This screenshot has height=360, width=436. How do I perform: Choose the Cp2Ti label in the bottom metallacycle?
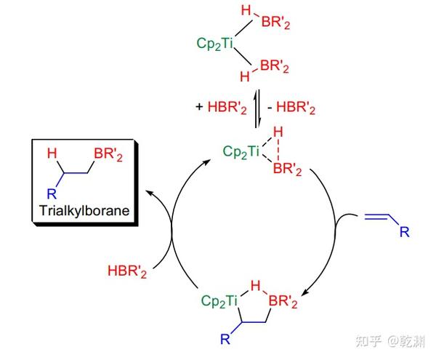pyautogui.click(x=220, y=299)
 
